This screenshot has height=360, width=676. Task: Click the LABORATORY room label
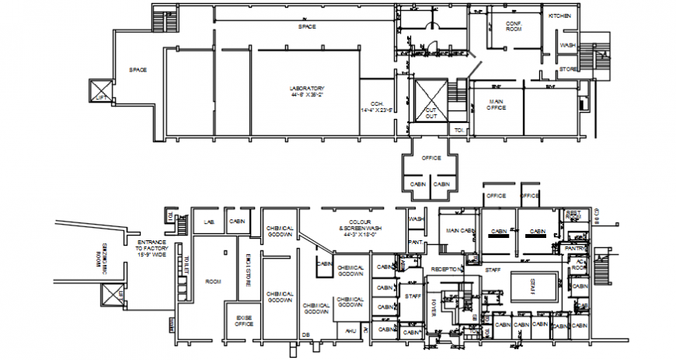tap(307, 92)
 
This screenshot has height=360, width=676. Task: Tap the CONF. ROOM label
tap(513, 26)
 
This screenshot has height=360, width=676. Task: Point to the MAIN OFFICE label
tap(497, 104)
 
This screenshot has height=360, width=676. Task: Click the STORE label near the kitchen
tap(566, 70)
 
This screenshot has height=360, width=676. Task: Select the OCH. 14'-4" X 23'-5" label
tap(378, 107)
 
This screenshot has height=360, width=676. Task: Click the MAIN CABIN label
tap(460, 230)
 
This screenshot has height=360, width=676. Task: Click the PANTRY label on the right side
tap(574, 248)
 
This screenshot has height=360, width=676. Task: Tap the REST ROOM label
tap(573, 214)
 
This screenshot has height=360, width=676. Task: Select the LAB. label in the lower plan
tap(208, 222)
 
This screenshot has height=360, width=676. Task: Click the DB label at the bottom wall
tap(305, 335)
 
